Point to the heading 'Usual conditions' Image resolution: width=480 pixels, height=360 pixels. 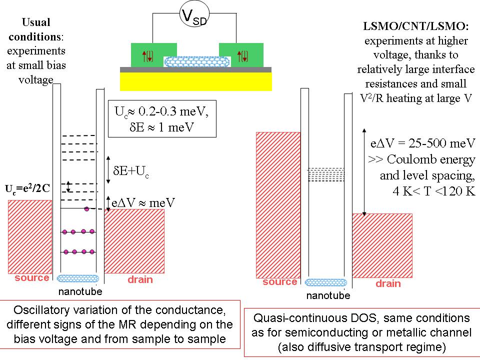36,29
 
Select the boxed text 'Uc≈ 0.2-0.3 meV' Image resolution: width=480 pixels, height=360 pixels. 161,111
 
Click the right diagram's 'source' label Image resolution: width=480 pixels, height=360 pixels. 279,282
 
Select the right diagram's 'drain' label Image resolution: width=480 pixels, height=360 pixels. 388,283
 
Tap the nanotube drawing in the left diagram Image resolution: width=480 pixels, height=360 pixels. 78,278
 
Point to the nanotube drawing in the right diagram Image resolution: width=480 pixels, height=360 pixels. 326,282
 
